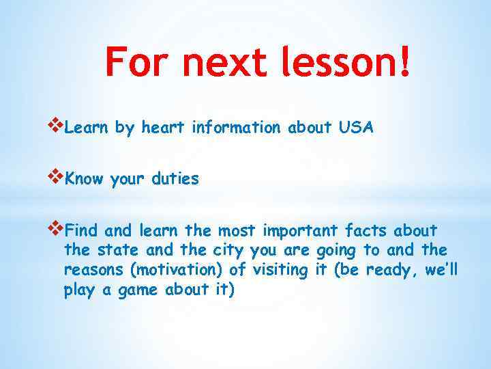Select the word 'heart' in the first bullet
[164, 128]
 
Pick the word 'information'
[236, 128]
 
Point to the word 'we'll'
[441, 270]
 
